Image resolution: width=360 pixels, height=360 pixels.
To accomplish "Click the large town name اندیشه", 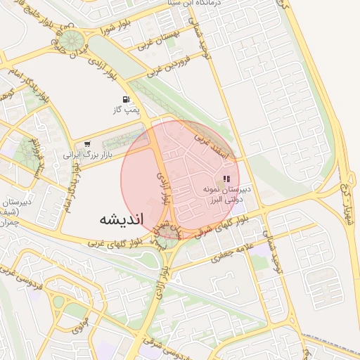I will [120, 219].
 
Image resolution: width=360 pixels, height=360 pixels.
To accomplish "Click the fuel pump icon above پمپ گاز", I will [126, 99].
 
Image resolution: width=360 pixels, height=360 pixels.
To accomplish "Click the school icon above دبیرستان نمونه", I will [226, 179].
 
